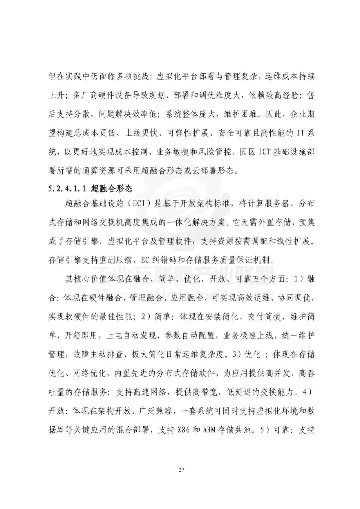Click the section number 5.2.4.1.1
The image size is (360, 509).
point(67,189)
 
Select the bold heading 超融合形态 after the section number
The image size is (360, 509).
point(111,189)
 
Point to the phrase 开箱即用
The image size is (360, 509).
point(81,336)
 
